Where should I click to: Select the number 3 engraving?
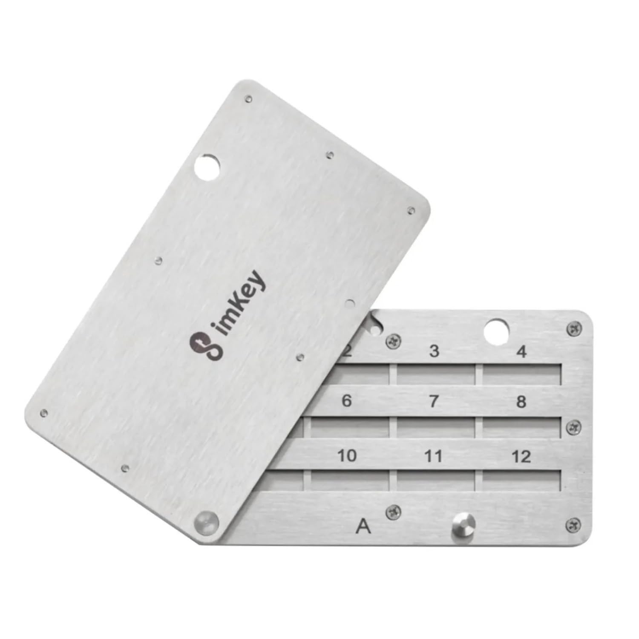[x=434, y=351]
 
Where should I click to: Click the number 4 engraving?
[x=521, y=352]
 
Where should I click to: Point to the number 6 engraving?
[x=347, y=401]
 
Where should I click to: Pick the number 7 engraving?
[x=434, y=401]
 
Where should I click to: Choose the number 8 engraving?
[x=521, y=402]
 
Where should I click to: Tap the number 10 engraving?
[x=347, y=455]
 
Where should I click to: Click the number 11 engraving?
[x=434, y=456]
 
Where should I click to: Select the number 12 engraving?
[x=521, y=457]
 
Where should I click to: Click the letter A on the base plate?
[x=363, y=527]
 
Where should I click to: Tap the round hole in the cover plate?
[x=207, y=167]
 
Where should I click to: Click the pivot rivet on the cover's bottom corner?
[x=206, y=522]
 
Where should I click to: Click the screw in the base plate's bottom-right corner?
[x=573, y=525]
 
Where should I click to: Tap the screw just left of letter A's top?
[x=393, y=512]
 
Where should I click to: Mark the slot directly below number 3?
[x=436, y=374]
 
